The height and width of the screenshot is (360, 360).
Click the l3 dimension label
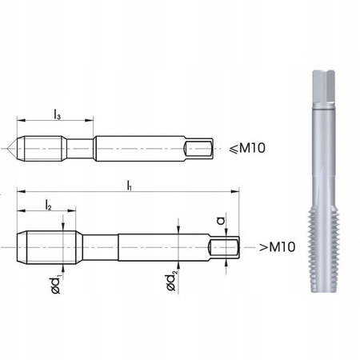click(x=57, y=116)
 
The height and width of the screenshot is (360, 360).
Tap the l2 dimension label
click(x=49, y=206)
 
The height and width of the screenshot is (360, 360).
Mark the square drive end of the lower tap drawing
click(x=224, y=247)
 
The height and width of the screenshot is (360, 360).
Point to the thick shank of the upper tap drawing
click(x=140, y=148)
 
